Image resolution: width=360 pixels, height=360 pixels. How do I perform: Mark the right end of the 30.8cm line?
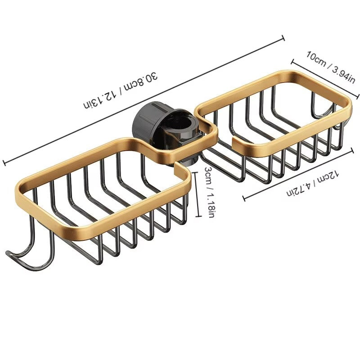pyautogui.click(x=283, y=38)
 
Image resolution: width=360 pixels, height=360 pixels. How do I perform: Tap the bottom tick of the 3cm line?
pyautogui.click(x=197, y=216)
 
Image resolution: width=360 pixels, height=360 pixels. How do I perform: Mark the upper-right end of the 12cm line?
pyautogui.click(x=353, y=150)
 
